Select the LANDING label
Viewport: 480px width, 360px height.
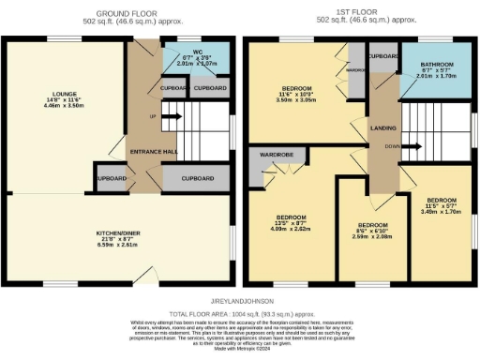[382, 128]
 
